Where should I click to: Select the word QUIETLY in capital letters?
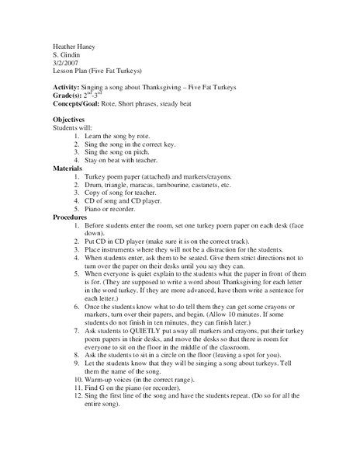[x=159, y=332]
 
